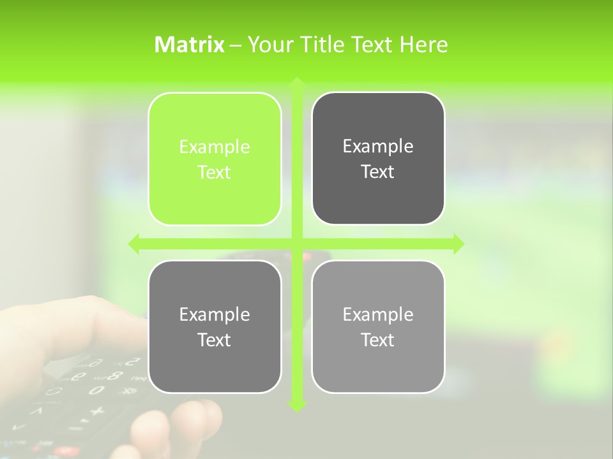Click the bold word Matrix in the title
[190, 45]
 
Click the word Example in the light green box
[215, 147]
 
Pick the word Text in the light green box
[215, 172]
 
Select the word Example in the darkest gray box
[378, 147]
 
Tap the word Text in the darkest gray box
[378, 171]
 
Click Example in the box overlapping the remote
[215, 315]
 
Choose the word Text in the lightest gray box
[378, 340]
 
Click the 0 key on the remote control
[96, 390]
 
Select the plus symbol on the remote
[96, 411]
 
